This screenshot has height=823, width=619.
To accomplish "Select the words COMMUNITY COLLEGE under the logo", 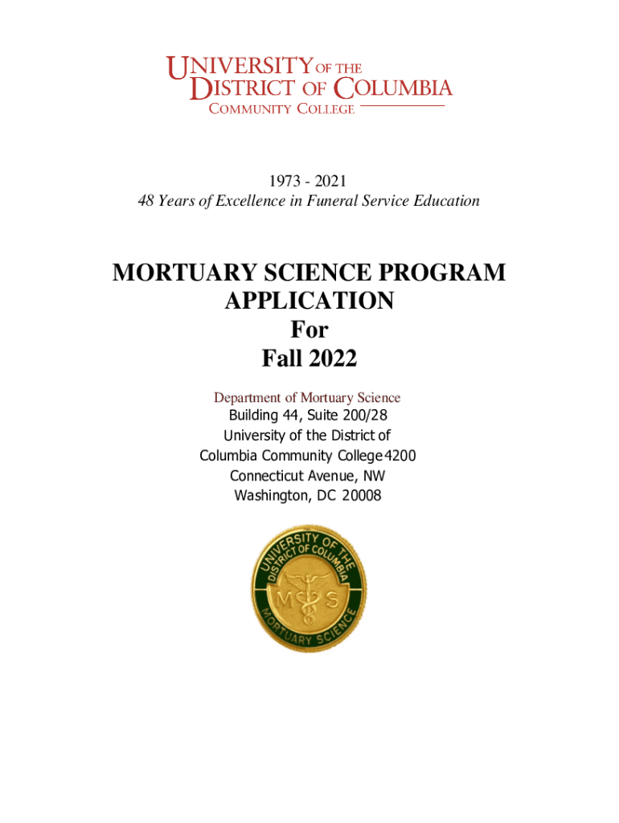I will point(281,109).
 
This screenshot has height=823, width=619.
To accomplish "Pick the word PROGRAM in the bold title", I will point(440,273).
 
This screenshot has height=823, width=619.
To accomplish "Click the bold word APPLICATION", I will point(309,301).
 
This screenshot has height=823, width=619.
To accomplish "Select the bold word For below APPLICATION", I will point(309,330).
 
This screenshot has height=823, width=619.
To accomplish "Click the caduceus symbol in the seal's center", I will point(308,599).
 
